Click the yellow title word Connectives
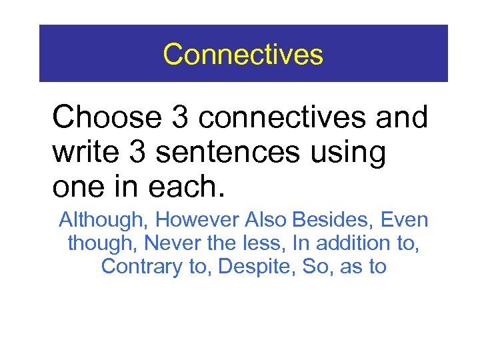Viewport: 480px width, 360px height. click(x=243, y=54)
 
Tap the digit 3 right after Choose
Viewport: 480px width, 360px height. click(x=180, y=118)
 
